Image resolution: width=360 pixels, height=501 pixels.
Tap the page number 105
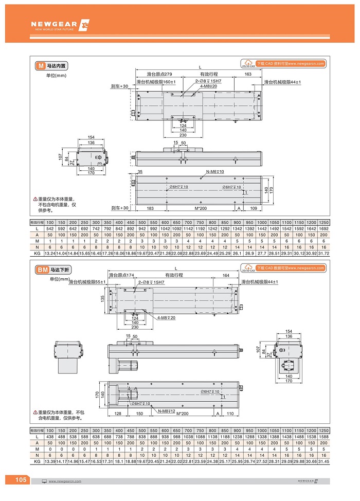pyautogui.click(x=21, y=480)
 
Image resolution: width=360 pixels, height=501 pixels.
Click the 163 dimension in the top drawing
pyautogui.click(x=248, y=74)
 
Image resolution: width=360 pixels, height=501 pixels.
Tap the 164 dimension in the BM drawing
pyautogui.click(x=226, y=275)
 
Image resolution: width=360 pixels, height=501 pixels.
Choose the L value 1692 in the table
pyautogui.click(x=323, y=228)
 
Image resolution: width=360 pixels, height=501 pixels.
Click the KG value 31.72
pyautogui.click(x=323, y=254)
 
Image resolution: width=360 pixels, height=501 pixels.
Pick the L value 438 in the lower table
pyautogui.click(x=50, y=436)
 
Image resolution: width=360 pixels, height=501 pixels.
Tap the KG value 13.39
pyautogui.click(x=50, y=462)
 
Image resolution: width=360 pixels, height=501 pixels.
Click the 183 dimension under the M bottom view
pyautogui.click(x=151, y=208)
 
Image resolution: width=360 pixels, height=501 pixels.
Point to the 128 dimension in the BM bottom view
pyautogui.click(x=117, y=414)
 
